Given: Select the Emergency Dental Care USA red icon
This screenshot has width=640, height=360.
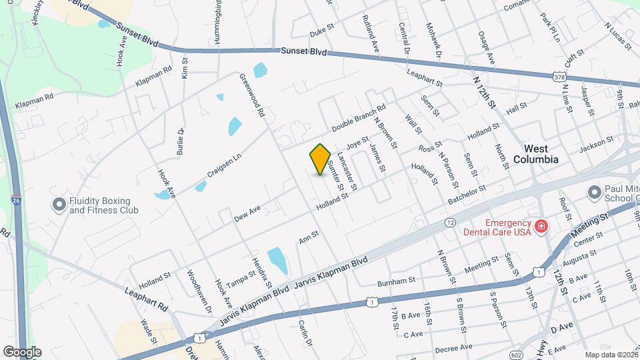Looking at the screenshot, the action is [541, 227].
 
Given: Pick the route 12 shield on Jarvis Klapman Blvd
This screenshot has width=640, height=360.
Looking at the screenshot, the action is [451, 222].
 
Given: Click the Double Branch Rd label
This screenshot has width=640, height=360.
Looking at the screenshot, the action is [359, 117].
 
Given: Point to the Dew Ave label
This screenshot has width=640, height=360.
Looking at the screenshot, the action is [247, 214].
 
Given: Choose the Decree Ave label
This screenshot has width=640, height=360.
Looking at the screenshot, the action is [453, 347].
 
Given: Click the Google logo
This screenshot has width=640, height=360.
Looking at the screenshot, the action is [21, 351].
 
